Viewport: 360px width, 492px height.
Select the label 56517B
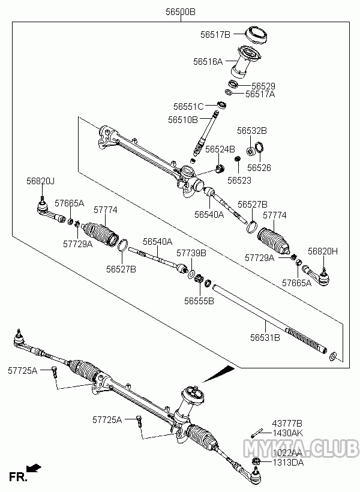point(215,35)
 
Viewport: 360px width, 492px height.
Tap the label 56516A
point(208,61)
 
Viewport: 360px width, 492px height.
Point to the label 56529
point(263,86)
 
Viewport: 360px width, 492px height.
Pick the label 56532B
point(251,130)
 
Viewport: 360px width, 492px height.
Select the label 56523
point(239,180)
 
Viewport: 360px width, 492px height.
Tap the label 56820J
point(40,181)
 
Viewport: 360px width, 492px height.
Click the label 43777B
point(287,424)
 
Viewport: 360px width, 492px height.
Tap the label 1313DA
point(287,462)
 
